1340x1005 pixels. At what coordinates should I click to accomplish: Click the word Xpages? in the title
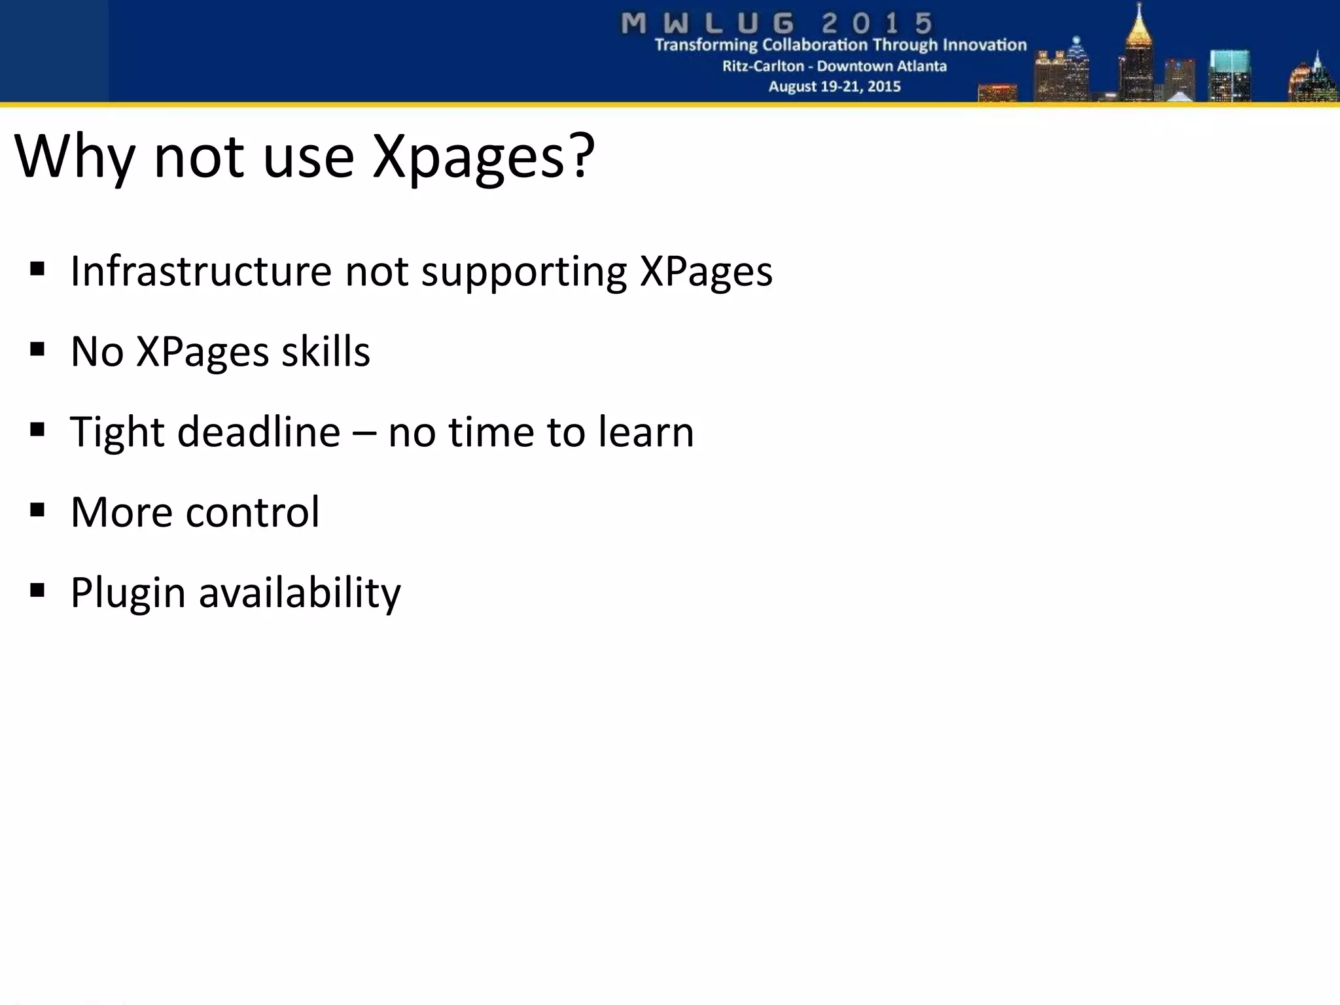pos(484,157)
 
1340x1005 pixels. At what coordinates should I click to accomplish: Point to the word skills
pos(325,351)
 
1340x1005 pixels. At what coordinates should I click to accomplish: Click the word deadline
pos(258,432)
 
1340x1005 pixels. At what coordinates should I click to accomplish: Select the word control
pos(253,512)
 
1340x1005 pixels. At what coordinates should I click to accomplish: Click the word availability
pos(300,593)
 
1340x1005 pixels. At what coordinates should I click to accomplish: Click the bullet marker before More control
pos(37,510)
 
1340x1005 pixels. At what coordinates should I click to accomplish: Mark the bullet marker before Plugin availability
pos(37,590)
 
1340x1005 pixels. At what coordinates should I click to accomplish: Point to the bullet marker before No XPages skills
pos(37,349)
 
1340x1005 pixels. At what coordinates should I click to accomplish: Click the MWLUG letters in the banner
pos(707,24)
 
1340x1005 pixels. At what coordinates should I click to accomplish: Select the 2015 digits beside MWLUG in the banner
pos(877,24)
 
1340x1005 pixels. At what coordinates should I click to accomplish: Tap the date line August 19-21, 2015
pos(834,86)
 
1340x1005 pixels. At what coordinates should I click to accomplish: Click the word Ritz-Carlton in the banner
pos(763,66)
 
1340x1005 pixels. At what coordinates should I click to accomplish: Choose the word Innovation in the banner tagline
pos(984,45)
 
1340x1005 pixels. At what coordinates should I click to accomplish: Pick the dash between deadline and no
pos(364,433)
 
